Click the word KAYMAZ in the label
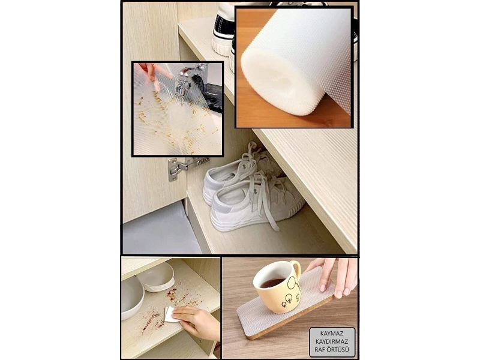(x=332, y=334)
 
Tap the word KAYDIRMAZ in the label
(x=332, y=341)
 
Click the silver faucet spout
(x=183, y=80)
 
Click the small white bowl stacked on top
(x=155, y=277)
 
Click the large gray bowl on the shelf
(x=131, y=298)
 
